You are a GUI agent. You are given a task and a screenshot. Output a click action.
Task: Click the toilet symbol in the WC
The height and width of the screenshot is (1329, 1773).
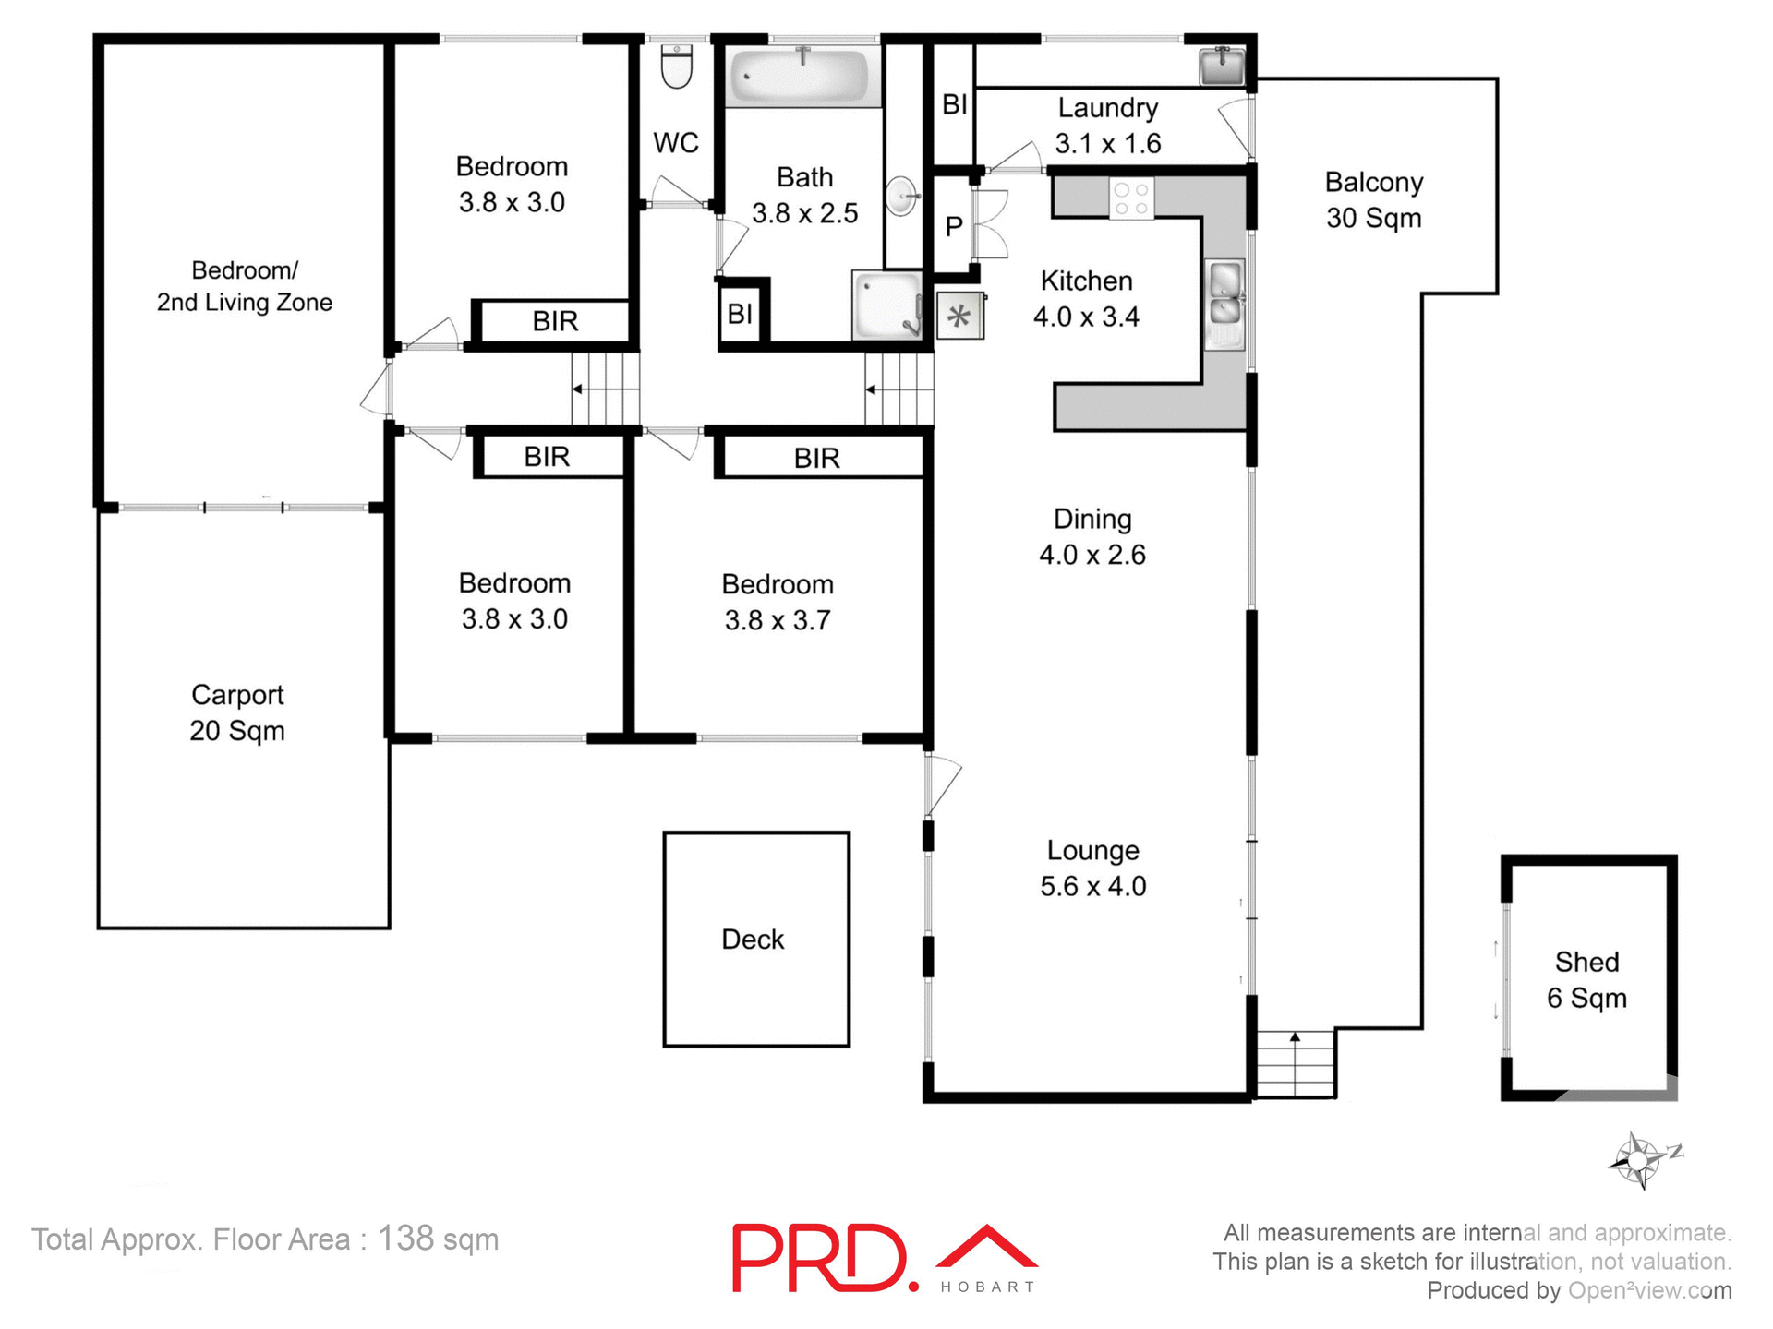click(x=677, y=66)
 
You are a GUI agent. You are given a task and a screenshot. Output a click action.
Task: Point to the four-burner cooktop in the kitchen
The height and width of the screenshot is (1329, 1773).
click(x=1131, y=198)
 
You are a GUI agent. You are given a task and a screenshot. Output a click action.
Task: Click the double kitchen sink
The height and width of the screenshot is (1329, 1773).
click(x=1225, y=304)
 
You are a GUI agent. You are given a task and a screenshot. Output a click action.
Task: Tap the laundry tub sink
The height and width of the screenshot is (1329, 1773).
click(x=1222, y=66)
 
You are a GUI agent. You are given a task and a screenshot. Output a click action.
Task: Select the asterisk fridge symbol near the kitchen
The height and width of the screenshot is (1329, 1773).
click(x=960, y=317)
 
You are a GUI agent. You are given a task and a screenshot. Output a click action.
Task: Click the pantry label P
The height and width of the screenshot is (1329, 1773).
click(x=954, y=226)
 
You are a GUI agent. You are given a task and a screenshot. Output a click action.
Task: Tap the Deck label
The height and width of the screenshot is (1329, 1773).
click(x=753, y=940)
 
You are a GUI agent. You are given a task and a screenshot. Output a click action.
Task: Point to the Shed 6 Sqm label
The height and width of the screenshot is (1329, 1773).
click(x=1586, y=980)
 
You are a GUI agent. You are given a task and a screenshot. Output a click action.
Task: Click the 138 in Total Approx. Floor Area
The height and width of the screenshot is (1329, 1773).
click(x=405, y=1239)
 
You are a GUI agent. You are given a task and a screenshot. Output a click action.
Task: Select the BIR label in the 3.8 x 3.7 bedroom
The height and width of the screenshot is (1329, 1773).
click(x=817, y=458)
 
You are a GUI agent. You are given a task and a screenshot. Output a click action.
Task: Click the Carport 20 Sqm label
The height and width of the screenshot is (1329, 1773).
click(x=237, y=712)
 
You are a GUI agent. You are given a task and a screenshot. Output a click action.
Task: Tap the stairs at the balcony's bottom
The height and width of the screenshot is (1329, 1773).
click(x=1296, y=1063)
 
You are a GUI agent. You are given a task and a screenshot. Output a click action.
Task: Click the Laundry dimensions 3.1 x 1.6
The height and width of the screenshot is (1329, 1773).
click(x=1108, y=144)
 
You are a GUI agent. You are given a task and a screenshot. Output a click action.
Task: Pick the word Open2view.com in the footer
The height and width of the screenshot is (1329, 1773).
click(x=1649, y=1290)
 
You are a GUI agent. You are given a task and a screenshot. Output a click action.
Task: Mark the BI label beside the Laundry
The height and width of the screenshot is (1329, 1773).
click(x=955, y=105)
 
